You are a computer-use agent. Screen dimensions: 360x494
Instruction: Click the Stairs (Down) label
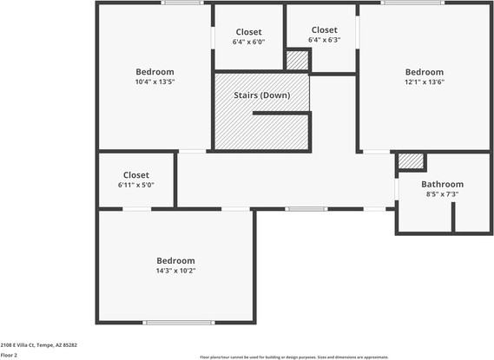(261, 95)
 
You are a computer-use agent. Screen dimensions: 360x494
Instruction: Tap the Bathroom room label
(442, 184)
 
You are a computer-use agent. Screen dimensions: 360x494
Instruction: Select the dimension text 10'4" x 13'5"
(155, 82)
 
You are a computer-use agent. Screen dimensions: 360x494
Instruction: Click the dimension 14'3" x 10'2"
(175, 271)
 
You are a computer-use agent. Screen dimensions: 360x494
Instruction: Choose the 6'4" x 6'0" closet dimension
(248, 42)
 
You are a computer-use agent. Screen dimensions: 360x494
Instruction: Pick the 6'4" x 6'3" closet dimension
(324, 40)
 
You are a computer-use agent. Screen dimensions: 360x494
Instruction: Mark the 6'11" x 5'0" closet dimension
(136, 185)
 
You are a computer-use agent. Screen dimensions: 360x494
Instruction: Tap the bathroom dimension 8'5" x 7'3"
(442, 194)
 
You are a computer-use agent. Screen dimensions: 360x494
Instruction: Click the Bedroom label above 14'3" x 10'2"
(175, 260)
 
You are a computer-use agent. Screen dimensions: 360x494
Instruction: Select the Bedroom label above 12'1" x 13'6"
(425, 72)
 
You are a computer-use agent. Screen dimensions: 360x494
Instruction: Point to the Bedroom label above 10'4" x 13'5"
(155, 72)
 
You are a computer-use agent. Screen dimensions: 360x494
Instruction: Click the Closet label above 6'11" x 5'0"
(136, 175)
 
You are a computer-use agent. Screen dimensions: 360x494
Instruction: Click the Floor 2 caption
(9, 355)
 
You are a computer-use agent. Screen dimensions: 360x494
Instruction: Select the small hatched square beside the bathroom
(411, 161)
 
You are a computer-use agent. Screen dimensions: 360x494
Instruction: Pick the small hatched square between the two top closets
(297, 60)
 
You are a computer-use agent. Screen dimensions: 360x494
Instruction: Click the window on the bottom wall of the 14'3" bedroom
(179, 323)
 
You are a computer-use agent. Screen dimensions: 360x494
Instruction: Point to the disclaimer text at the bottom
(294, 357)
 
